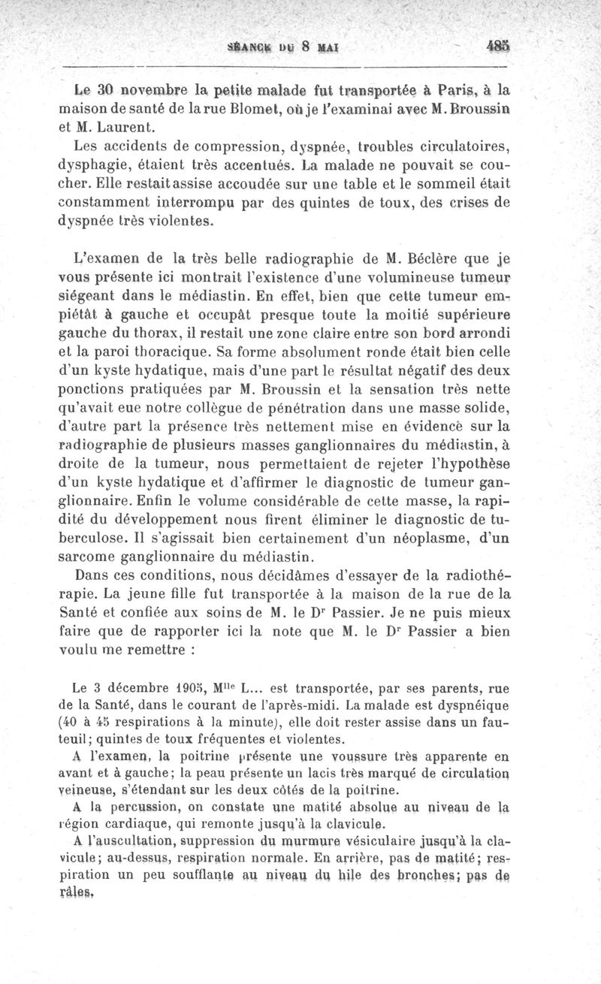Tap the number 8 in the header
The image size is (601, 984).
point(307,45)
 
